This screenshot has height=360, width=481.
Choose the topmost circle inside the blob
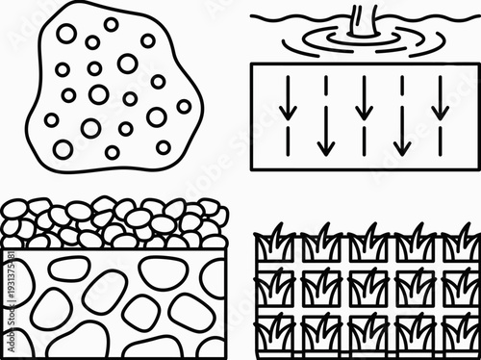coord(112,24)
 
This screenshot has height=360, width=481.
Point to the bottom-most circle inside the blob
coord(113,152)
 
